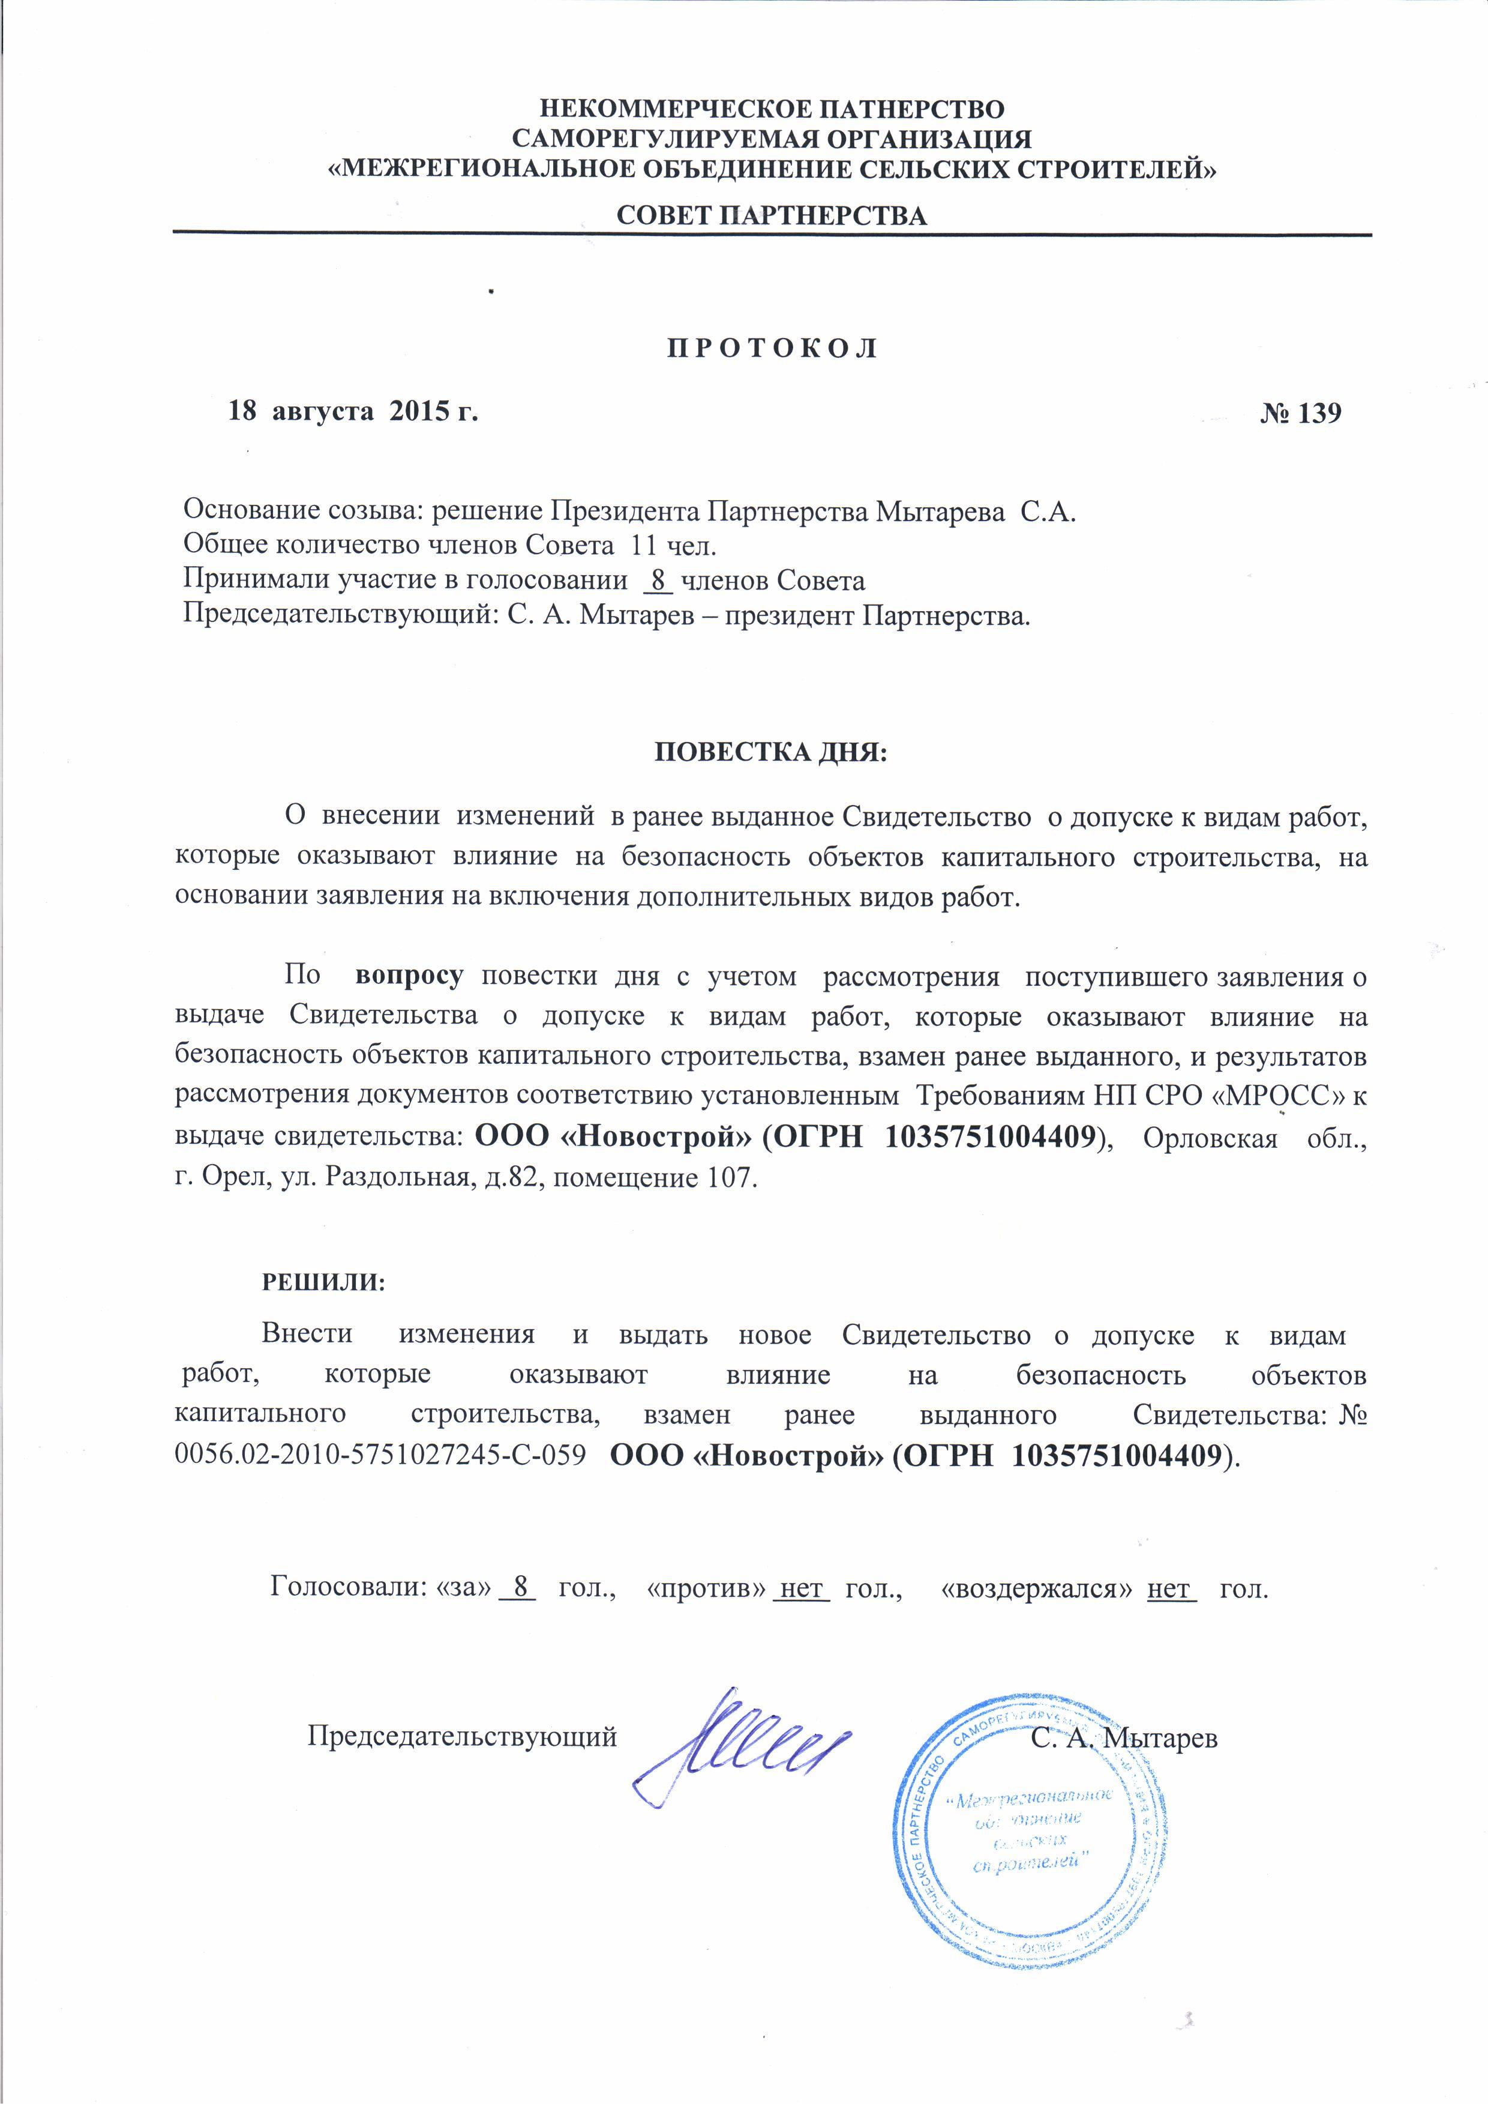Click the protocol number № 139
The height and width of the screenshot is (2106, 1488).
[1300, 413]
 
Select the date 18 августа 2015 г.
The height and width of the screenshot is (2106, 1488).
[353, 412]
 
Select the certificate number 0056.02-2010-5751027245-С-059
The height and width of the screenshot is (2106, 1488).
[380, 1456]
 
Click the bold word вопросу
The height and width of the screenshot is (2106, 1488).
[409, 975]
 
